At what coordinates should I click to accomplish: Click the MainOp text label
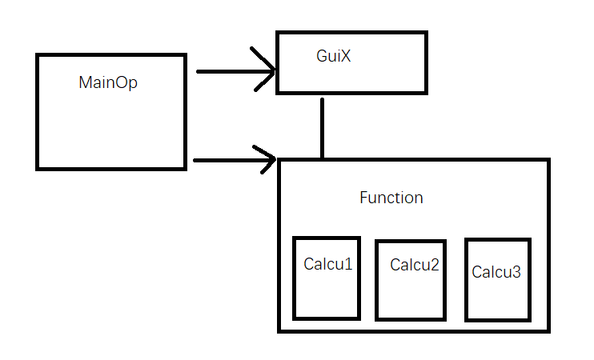pyautogui.click(x=108, y=82)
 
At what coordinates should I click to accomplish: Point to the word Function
pyautogui.click(x=391, y=198)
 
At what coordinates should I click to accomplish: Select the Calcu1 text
pyautogui.click(x=327, y=263)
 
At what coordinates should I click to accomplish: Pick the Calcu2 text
pyautogui.click(x=415, y=264)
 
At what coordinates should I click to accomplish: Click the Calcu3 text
pyautogui.click(x=496, y=272)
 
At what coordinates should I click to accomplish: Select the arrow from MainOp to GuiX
pyautogui.click(x=232, y=71)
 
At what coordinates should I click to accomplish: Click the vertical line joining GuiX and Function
pyautogui.click(x=322, y=128)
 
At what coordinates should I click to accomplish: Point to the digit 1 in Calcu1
pyautogui.click(x=348, y=263)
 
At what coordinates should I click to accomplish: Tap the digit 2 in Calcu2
pyautogui.click(x=435, y=264)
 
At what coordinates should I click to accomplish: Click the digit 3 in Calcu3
pyautogui.click(x=516, y=272)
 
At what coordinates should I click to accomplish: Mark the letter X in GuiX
pyautogui.click(x=347, y=58)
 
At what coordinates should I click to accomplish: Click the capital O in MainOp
pyautogui.click(x=122, y=82)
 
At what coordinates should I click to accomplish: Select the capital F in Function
pyautogui.click(x=363, y=198)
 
